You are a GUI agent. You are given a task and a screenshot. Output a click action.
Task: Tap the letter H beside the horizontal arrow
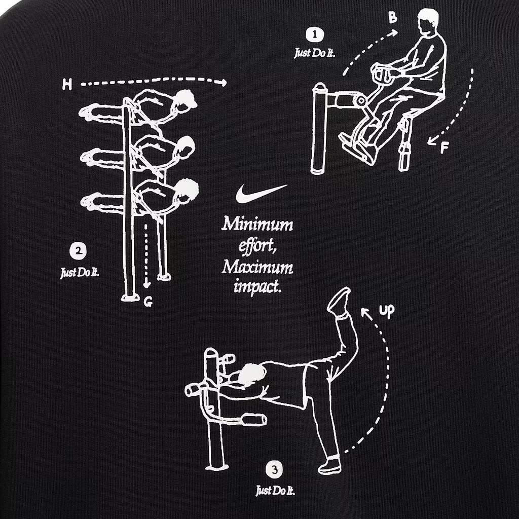[x=67, y=85]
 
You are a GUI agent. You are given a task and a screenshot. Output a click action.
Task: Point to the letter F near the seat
[x=444, y=148]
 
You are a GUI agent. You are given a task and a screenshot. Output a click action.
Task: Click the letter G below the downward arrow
[x=148, y=303]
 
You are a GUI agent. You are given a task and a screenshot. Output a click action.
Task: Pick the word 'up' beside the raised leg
[x=386, y=311]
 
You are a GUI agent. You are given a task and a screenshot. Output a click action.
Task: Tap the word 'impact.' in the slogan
[x=257, y=287]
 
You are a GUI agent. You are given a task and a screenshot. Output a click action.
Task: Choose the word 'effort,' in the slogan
[x=257, y=246]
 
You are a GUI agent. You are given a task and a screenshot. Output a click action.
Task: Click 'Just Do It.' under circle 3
[x=275, y=491]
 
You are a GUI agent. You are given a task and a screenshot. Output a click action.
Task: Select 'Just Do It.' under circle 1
[x=314, y=53]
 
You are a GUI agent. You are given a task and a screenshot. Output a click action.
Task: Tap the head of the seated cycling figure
[x=428, y=20]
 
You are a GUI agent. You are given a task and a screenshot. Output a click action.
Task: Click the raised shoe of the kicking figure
[x=339, y=300]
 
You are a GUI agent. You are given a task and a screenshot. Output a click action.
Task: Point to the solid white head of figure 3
[x=251, y=375]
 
